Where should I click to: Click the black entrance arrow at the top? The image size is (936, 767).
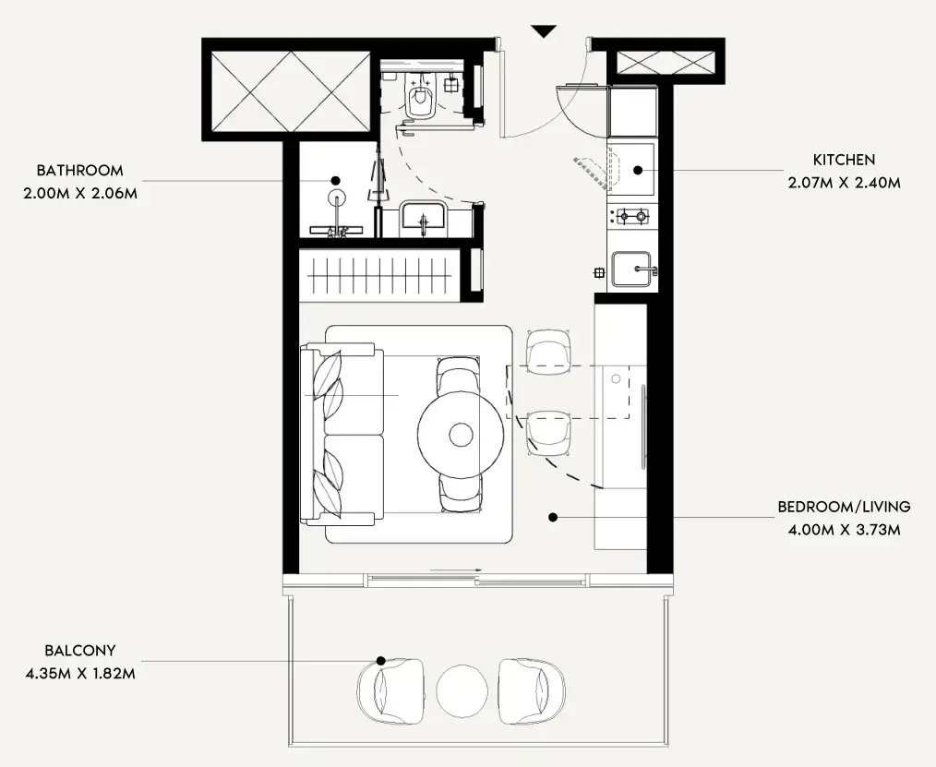[544, 31]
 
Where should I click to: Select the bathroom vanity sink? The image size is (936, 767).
[423, 216]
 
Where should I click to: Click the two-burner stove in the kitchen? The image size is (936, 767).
[632, 215]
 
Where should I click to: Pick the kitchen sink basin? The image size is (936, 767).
[631, 270]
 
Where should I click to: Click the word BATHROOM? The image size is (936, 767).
[80, 170]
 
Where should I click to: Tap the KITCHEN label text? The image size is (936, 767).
[844, 160]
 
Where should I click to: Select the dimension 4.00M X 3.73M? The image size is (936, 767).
[844, 530]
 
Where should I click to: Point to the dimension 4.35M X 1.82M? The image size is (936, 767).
[80, 674]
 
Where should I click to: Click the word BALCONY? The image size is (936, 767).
[80, 651]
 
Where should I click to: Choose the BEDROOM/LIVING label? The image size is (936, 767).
[844, 507]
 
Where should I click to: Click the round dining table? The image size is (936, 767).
[461, 435]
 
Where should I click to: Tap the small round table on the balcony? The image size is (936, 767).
[461, 692]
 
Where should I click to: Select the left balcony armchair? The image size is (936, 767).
[391, 691]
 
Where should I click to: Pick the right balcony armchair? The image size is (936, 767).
[532, 691]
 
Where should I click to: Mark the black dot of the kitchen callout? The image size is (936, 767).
[638, 170]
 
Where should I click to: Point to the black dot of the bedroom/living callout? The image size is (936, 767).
[553, 518]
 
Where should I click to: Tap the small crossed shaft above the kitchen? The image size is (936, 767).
[666, 63]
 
